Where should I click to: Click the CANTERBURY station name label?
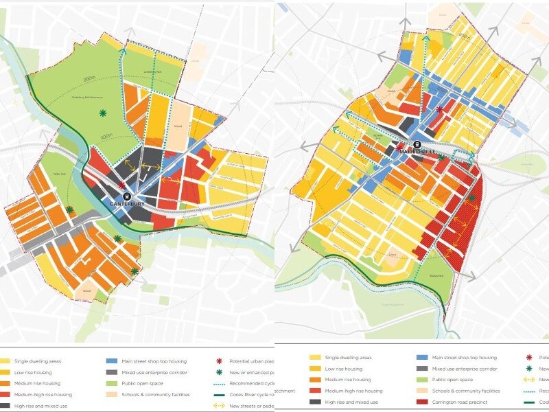[x=128, y=204]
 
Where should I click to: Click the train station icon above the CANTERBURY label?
[x=126, y=195]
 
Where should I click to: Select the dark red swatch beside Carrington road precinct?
[x=422, y=401]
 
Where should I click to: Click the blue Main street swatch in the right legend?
[x=422, y=358]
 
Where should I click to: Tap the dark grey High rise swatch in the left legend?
[x=5, y=406]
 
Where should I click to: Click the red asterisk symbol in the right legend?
[x=529, y=358]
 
